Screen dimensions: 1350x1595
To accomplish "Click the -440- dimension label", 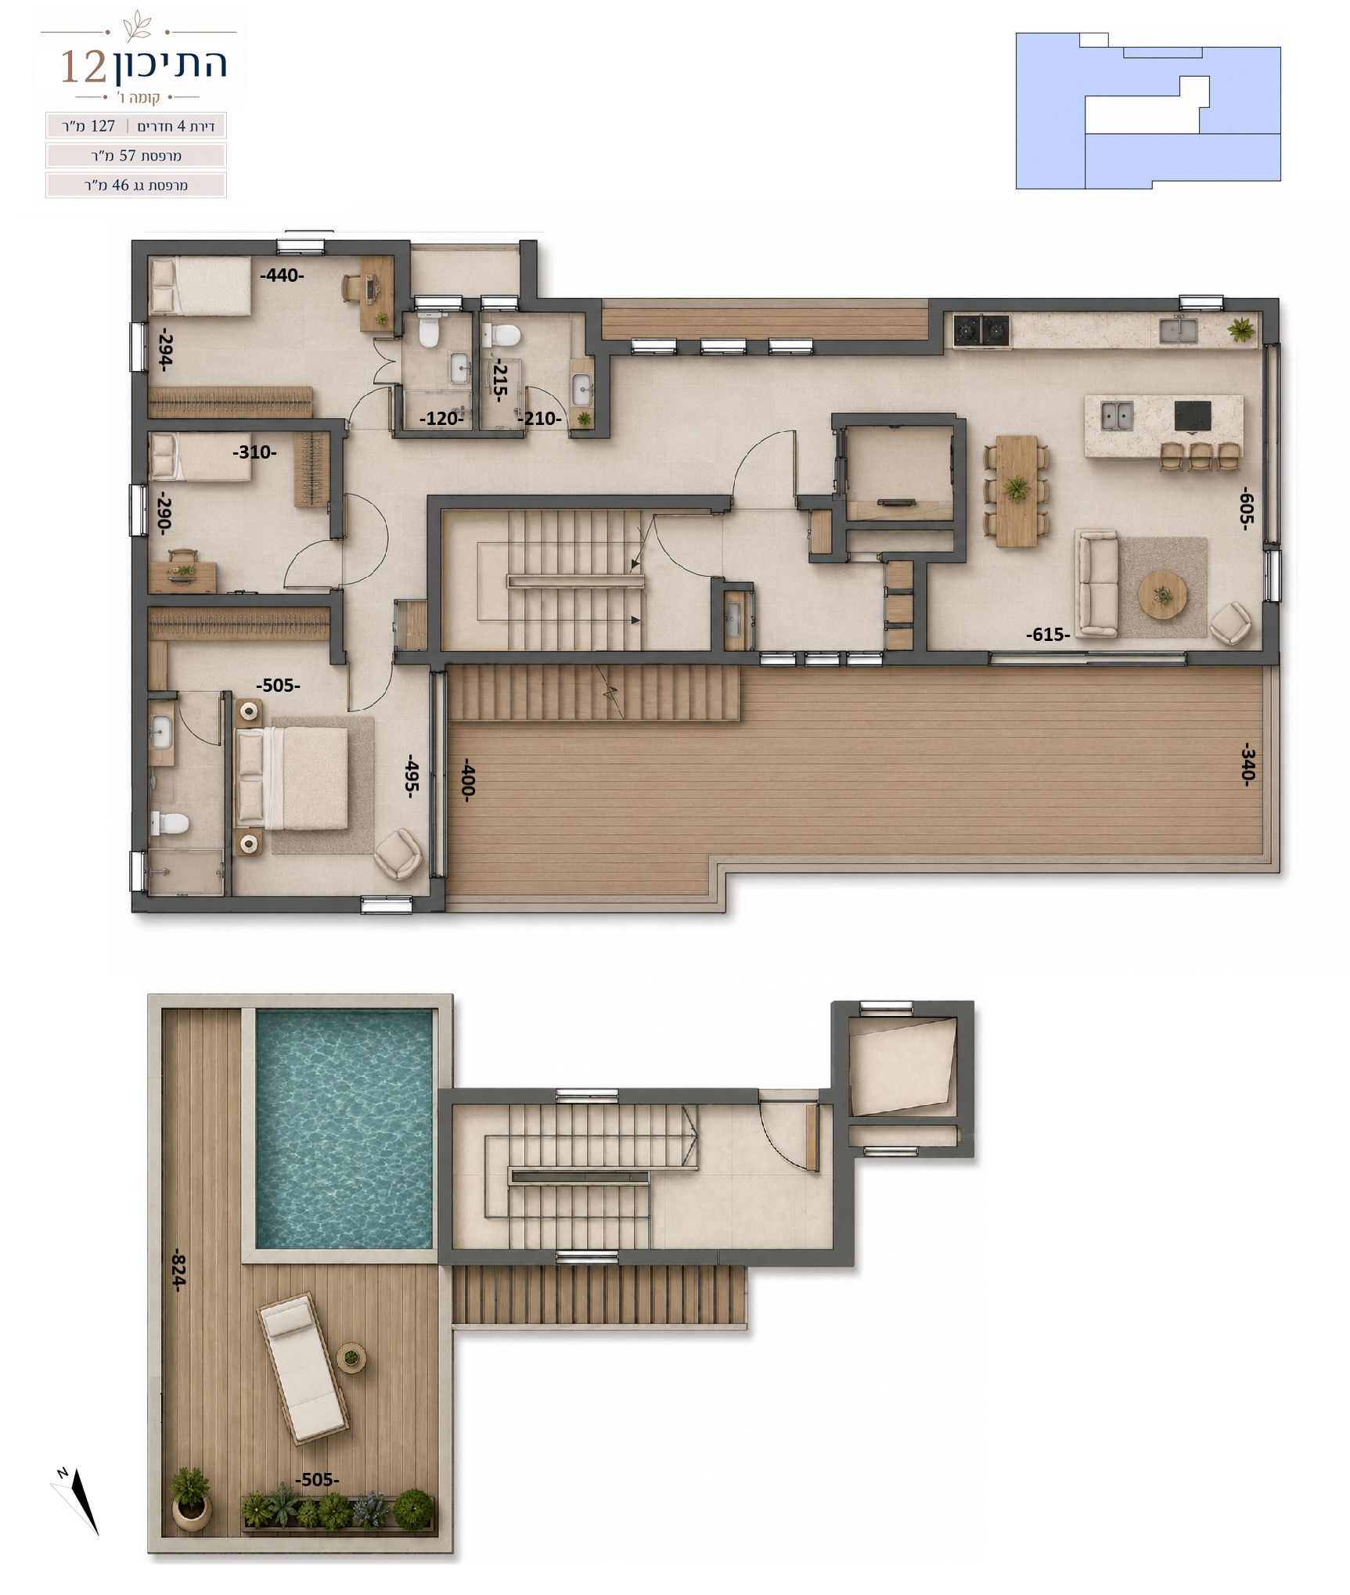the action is [x=282, y=275].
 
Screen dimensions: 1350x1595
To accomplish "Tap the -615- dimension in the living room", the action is [x=1048, y=635].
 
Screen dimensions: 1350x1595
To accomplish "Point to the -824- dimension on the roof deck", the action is [x=179, y=1269].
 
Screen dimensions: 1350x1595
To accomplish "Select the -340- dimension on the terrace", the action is [x=1248, y=764].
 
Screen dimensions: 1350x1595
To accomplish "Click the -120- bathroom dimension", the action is [x=441, y=419].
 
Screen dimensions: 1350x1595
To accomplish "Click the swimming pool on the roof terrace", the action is [x=344, y=1129].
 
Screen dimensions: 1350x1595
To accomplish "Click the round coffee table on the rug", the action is [x=1162, y=595].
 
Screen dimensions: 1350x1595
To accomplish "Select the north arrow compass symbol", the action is [x=78, y=1500].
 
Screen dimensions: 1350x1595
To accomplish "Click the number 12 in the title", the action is [x=83, y=67].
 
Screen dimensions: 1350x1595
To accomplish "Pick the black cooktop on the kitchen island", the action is [x=1193, y=416].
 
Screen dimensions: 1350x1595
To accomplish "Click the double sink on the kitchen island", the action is [x=1117, y=416].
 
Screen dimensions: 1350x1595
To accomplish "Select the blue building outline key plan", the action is [x=1148, y=110].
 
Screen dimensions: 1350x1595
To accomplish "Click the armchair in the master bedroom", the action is [x=398, y=853].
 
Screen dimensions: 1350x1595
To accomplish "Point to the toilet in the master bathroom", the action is [x=170, y=823].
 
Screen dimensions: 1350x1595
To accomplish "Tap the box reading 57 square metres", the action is [x=136, y=156].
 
